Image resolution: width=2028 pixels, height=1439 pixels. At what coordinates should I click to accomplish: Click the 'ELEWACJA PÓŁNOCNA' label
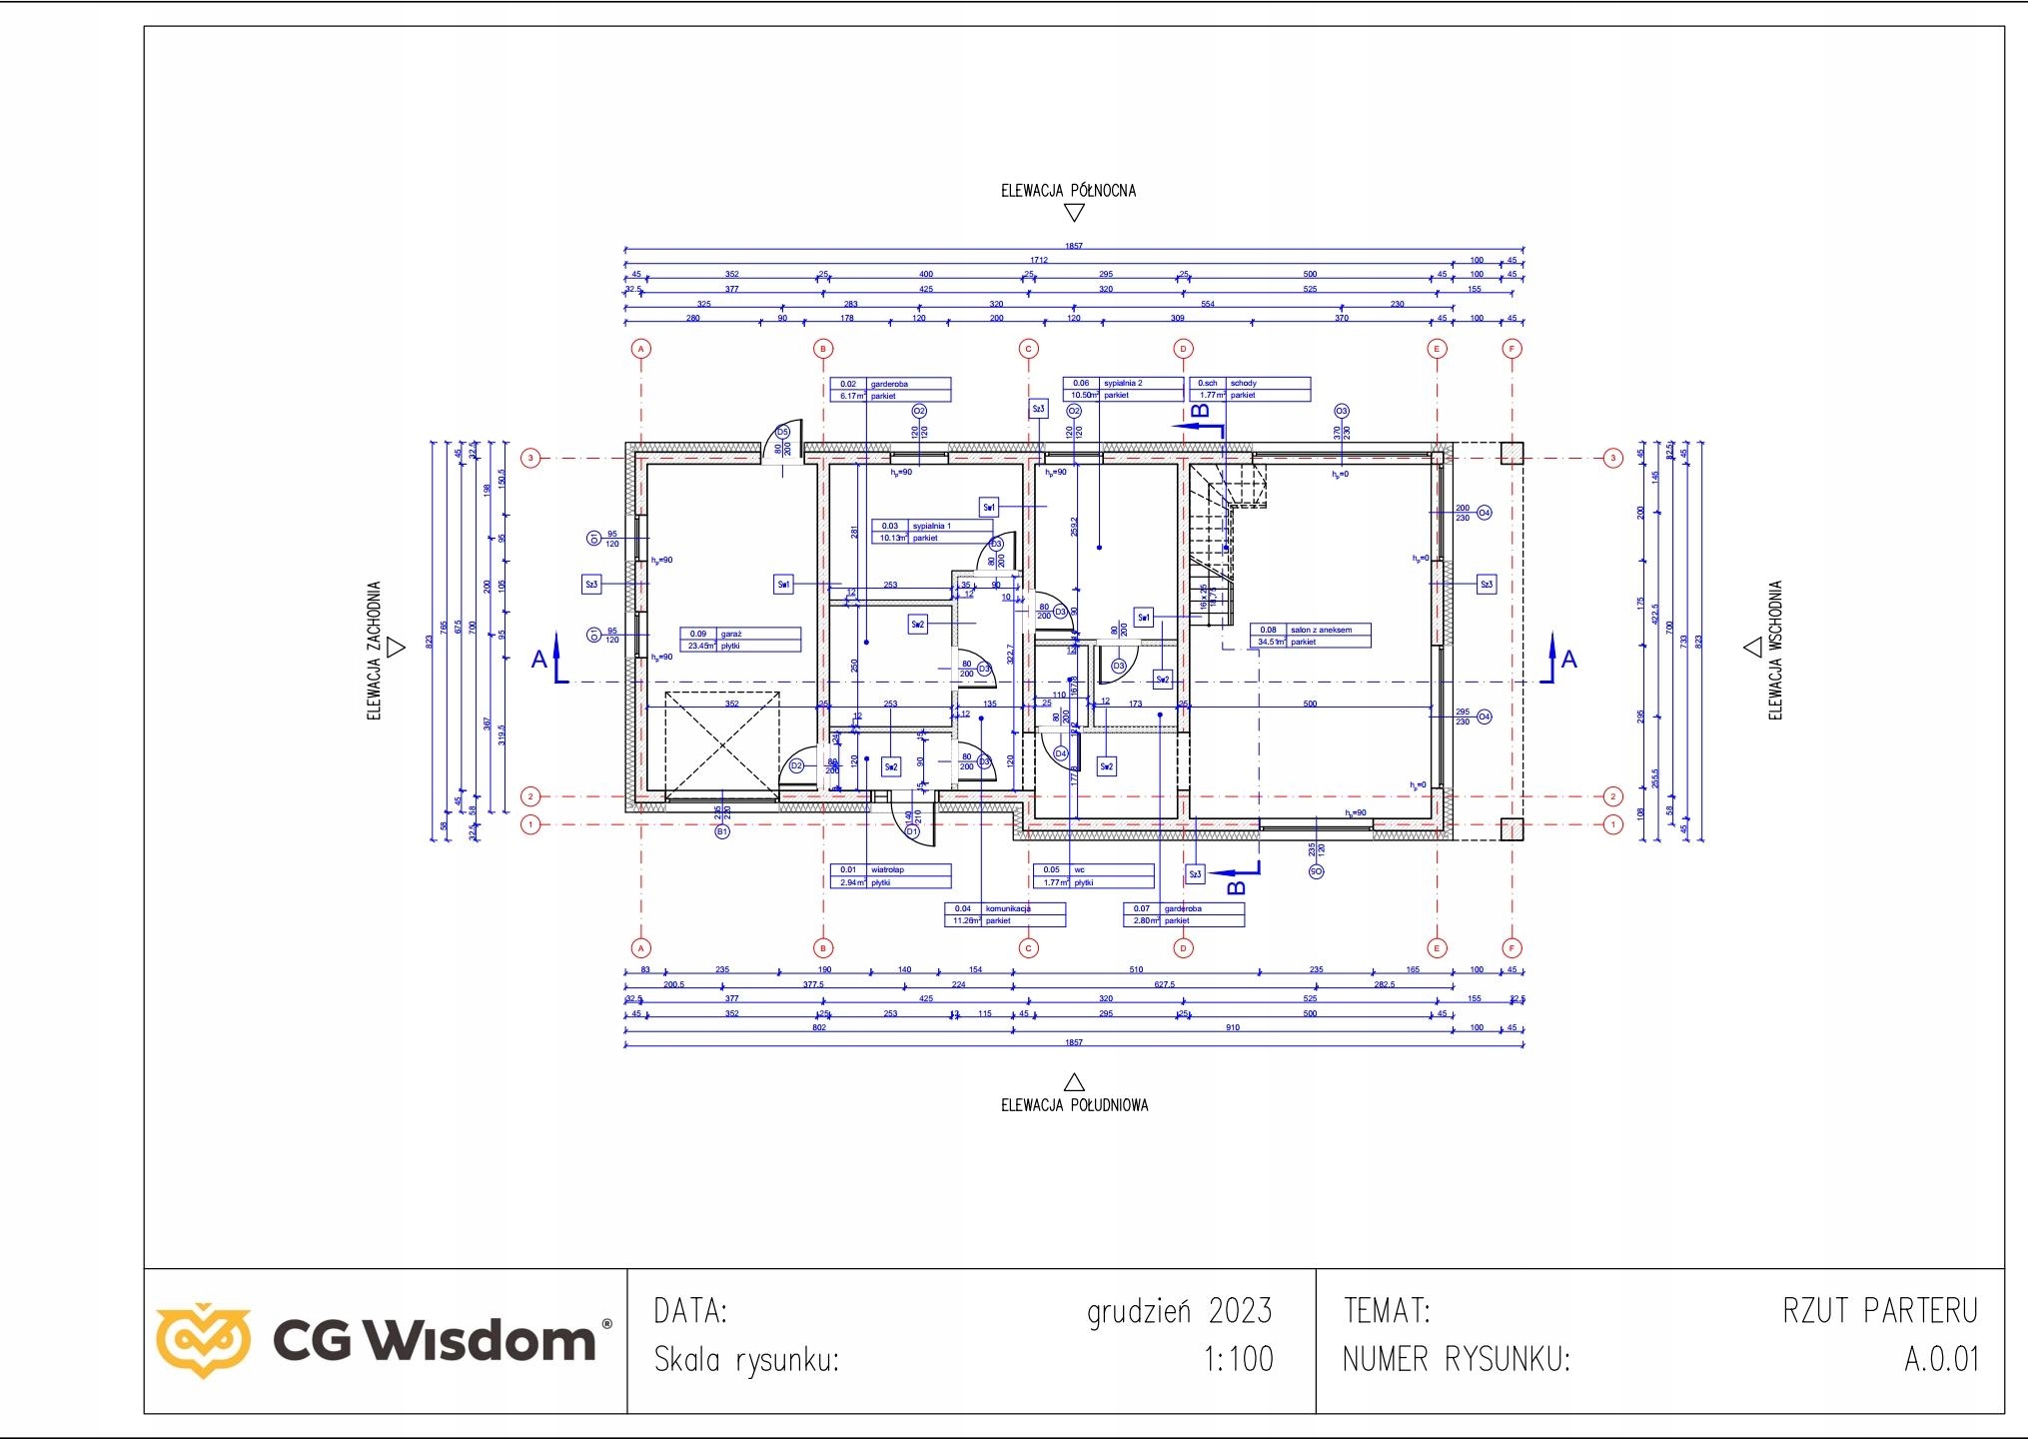click(x=1068, y=190)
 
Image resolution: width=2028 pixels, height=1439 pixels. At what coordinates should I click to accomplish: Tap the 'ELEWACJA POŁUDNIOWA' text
click(x=1074, y=1105)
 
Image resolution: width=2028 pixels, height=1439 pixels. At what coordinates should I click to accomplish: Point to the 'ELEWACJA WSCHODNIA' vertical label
click(x=1775, y=651)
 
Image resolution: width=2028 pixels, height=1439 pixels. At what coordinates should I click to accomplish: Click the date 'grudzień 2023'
click(x=1179, y=1310)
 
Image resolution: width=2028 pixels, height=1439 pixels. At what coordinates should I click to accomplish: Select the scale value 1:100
click(x=1239, y=1360)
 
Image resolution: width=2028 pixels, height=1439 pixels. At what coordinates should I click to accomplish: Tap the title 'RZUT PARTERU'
click(x=1879, y=1310)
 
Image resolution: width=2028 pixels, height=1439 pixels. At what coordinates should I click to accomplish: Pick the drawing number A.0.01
click(x=1940, y=1360)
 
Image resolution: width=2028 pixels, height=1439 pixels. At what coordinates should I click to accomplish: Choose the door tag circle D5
click(x=783, y=432)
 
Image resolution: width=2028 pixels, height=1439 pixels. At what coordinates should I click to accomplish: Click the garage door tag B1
click(x=722, y=830)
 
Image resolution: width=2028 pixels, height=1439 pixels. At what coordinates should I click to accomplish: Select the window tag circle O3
click(x=1341, y=411)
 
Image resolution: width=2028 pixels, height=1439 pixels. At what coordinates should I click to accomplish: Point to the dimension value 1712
click(x=1040, y=260)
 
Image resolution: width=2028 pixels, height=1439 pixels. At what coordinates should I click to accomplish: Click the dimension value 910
click(x=1233, y=1027)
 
